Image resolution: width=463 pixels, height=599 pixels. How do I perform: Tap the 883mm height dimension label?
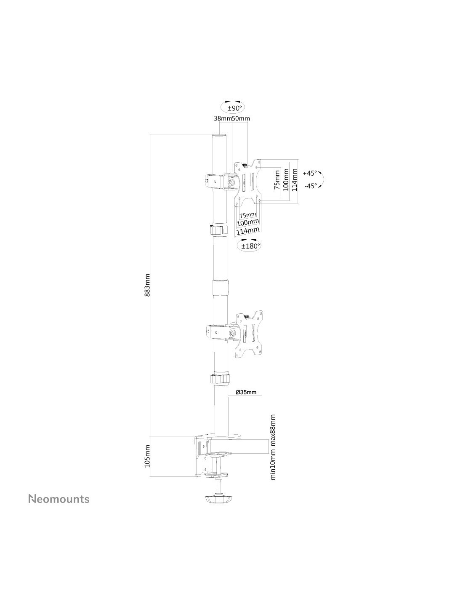(x=147, y=285)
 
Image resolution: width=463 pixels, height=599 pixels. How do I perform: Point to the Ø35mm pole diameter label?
(x=246, y=392)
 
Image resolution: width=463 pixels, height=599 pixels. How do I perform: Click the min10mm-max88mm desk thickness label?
(x=273, y=451)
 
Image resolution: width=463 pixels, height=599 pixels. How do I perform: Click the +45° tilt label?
(x=310, y=174)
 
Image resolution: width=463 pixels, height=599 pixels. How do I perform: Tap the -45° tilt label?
(x=311, y=186)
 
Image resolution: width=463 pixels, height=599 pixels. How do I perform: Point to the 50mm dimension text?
(x=241, y=118)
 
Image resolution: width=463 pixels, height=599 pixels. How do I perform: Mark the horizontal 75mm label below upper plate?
(x=247, y=215)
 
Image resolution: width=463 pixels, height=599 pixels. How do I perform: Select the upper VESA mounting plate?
(x=248, y=183)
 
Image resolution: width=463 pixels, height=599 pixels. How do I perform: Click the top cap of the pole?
(x=220, y=136)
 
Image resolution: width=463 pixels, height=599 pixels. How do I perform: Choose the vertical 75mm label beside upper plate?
(x=277, y=180)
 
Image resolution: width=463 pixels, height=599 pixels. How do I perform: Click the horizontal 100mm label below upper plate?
(x=248, y=222)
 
